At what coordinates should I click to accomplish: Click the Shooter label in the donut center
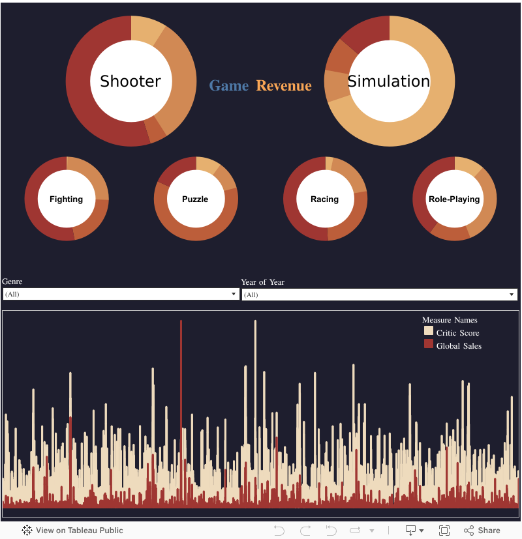(x=130, y=81)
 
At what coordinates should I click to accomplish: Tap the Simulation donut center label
(x=389, y=81)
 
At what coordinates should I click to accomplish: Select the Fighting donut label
(x=66, y=199)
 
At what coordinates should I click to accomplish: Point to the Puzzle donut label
(x=195, y=199)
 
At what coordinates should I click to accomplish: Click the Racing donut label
(x=324, y=199)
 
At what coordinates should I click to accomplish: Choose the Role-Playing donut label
(x=454, y=199)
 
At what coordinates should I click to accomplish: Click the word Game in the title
(x=228, y=85)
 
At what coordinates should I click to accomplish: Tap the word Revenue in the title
(x=284, y=85)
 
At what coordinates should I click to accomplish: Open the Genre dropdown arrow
(x=234, y=295)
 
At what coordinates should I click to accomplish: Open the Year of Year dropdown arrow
(x=512, y=295)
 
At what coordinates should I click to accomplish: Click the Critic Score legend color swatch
(x=429, y=332)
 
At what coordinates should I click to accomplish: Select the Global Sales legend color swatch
(x=429, y=344)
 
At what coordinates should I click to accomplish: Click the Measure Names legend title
(x=450, y=320)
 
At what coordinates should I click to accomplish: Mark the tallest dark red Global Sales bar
(x=181, y=378)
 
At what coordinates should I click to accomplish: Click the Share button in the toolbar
(x=482, y=531)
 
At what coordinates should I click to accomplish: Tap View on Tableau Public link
(x=72, y=531)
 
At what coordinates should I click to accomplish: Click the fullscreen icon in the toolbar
(x=444, y=531)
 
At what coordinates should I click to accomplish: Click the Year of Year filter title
(x=262, y=282)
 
